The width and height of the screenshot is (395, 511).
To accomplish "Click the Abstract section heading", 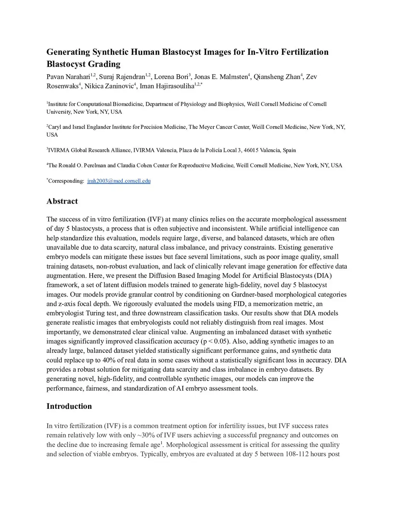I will [62, 201].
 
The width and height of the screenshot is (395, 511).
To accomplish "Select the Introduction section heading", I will [69, 406].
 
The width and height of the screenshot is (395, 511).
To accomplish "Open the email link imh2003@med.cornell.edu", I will [119, 181].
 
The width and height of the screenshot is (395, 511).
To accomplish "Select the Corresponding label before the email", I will [66, 181].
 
